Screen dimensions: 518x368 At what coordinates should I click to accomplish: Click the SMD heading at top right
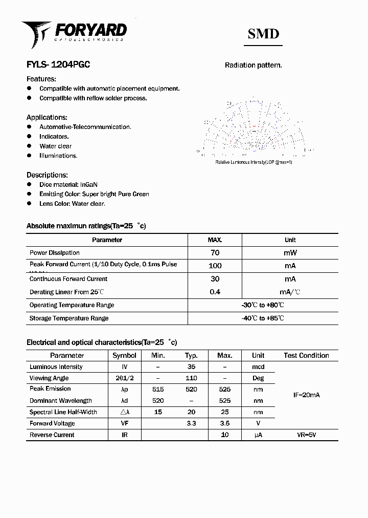pos(263,34)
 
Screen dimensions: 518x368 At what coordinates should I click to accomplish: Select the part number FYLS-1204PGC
pos(58,65)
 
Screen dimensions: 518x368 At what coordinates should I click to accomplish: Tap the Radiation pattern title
pos(254,65)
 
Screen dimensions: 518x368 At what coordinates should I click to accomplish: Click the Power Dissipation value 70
pos(215,252)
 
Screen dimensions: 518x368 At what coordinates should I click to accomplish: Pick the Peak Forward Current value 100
pos(215,266)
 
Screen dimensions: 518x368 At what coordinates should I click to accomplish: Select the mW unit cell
pos(290,252)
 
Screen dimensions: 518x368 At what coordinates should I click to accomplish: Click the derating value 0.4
pos(215,292)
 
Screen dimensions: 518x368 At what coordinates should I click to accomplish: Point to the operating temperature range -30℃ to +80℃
pos(263,305)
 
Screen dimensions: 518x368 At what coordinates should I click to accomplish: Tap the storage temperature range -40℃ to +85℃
pos(263,318)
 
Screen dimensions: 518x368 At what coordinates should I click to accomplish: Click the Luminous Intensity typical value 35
pos(191,367)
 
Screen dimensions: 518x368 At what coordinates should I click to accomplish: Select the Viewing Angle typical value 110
pos(191,378)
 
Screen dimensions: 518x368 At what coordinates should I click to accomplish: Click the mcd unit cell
pos(258,367)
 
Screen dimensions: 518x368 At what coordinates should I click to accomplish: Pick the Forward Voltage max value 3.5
pos(224,423)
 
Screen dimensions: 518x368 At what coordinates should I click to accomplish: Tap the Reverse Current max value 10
pos(224,435)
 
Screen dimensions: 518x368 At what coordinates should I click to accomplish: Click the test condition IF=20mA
pos(306,395)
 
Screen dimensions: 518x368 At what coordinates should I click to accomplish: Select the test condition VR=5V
pos(306,435)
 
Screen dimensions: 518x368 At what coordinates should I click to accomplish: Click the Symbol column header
pos(124,355)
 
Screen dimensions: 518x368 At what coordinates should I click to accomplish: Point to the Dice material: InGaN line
pos(68,184)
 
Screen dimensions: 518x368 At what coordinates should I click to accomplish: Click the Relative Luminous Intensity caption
pos(254,162)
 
